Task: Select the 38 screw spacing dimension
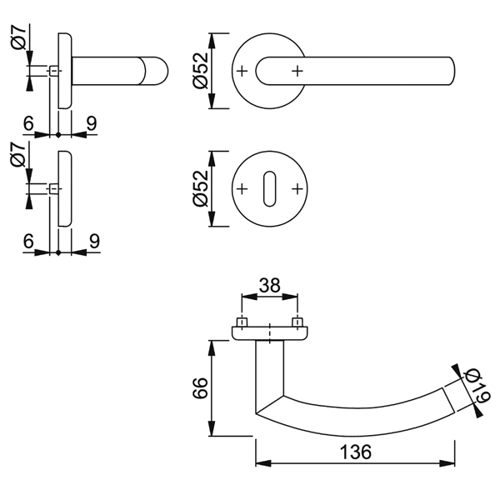point(268,284)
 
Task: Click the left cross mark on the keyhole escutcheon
point(242,189)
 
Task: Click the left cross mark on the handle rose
point(242,71)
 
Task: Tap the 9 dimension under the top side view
point(91,123)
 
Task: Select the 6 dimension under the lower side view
point(28,241)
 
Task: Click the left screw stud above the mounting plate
point(242,322)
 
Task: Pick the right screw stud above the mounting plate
point(296,322)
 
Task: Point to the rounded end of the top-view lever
point(450,71)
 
